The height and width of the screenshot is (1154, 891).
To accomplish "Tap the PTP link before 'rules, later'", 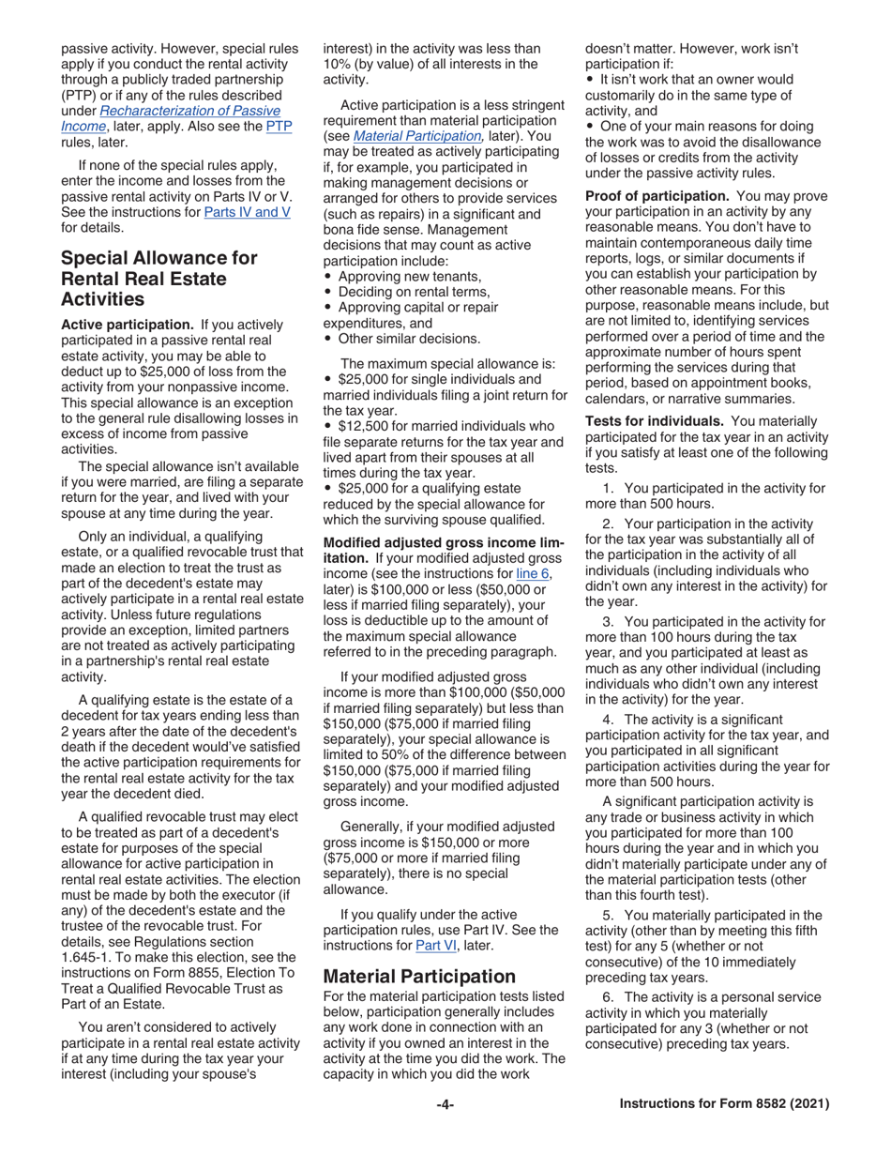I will [x=279, y=126].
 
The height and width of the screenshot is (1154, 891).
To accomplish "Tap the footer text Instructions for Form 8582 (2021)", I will [x=725, y=1105].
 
